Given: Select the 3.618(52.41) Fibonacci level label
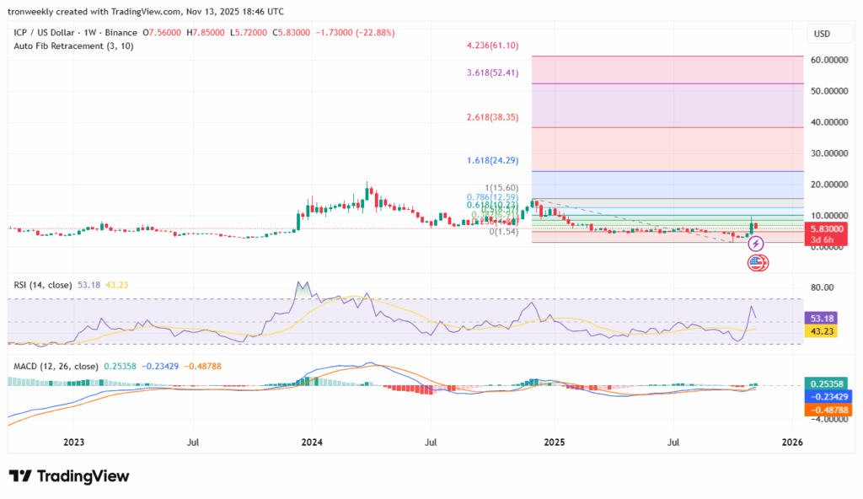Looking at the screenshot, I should tap(493, 72).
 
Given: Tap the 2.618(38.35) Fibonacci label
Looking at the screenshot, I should tap(493, 117).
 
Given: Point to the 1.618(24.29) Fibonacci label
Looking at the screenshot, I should tap(493, 159).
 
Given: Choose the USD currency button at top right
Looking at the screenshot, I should tap(822, 34).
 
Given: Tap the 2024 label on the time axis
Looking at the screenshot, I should tap(312, 442).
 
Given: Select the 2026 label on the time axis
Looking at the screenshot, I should tap(792, 442).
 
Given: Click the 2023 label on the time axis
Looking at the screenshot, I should tap(74, 442).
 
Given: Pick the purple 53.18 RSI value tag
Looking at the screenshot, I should tap(823, 318).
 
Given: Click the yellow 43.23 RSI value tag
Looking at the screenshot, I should tap(823, 332).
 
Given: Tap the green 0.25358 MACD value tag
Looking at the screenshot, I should tap(824, 383).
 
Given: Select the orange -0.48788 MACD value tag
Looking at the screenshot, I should tap(824, 410).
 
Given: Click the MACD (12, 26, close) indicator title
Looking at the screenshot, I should tap(56, 366).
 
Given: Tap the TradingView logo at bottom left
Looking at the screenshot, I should tap(69, 476).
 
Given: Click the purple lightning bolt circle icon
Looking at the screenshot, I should tap(756, 244).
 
